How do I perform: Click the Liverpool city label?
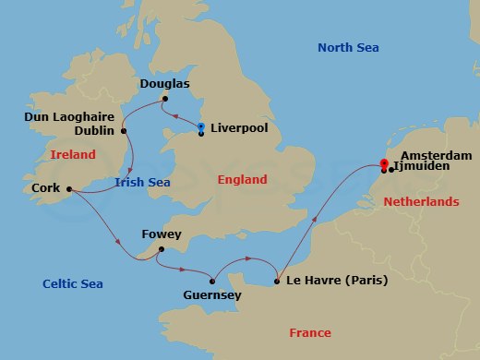239,128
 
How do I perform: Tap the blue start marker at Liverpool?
201,126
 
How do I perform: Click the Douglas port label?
164,83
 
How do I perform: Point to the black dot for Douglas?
165,98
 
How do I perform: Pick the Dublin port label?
96,132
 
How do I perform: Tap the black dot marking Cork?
69,191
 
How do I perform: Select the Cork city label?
45,190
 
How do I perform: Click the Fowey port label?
162,234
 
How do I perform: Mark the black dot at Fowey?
162,248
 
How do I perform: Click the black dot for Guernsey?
213,281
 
